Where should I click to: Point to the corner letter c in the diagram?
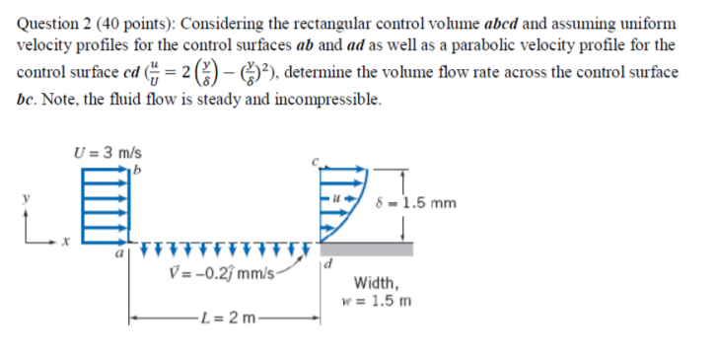[x=317, y=160]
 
